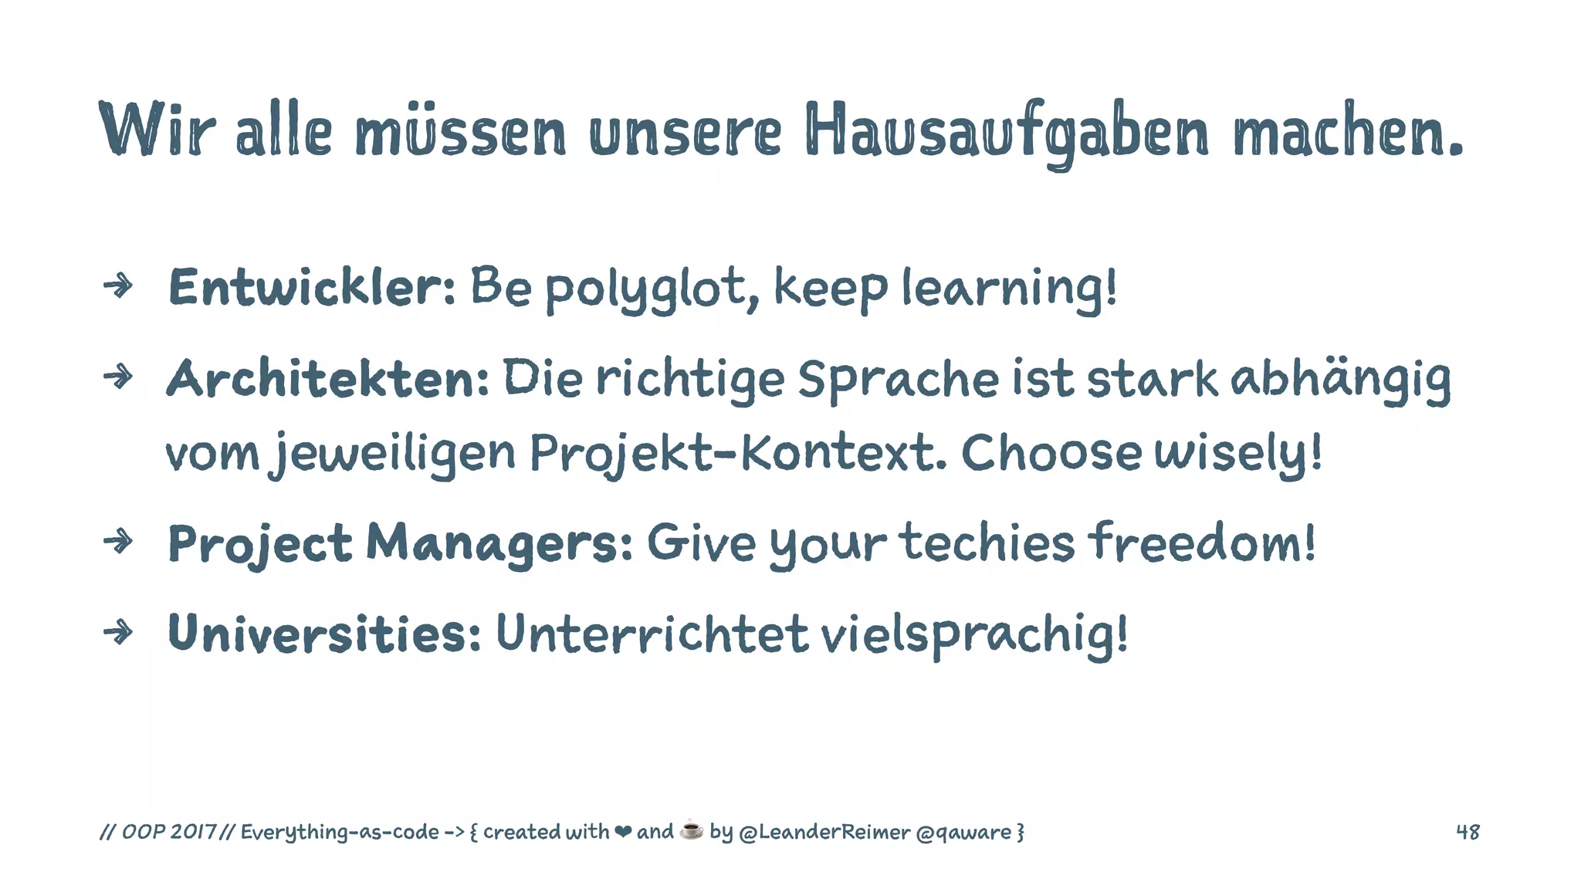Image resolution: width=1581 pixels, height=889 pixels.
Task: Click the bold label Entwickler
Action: pyautogui.click(x=311, y=287)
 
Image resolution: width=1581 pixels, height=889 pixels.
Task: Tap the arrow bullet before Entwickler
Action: pyautogui.click(x=118, y=286)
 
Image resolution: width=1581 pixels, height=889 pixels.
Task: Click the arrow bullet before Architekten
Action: pyautogui.click(x=118, y=377)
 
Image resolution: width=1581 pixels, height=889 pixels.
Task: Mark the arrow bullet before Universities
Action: pyautogui.click(x=118, y=633)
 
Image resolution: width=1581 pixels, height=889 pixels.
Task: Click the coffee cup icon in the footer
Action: pyautogui.click(x=692, y=830)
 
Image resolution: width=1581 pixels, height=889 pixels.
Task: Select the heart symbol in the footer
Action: pyautogui.click(x=623, y=832)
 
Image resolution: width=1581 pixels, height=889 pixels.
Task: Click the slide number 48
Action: pyautogui.click(x=1468, y=832)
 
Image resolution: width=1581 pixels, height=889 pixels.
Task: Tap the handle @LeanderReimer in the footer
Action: pyautogui.click(x=824, y=832)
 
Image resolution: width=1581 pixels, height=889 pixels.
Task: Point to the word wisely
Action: pyautogui.click(x=1237, y=454)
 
